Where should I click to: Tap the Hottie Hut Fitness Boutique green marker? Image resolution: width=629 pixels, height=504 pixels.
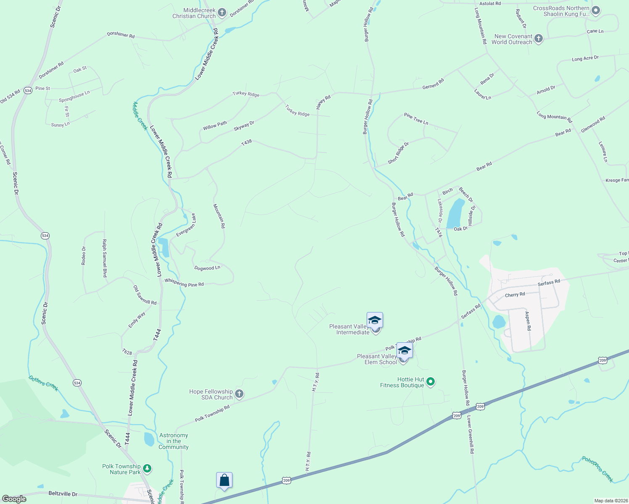tap(430, 382)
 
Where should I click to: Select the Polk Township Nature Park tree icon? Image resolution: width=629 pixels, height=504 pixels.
tap(147, 468)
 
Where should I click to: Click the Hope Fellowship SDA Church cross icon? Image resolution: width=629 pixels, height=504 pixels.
tap(239, 394)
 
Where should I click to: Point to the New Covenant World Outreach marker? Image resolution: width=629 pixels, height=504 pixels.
tap(538, 39)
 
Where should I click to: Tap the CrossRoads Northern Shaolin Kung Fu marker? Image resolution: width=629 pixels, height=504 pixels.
tap(595, 10)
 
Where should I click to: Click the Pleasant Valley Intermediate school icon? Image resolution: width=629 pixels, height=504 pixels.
tap(375, 321)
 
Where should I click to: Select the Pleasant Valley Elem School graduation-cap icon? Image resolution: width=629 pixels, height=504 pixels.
tap(404, 350)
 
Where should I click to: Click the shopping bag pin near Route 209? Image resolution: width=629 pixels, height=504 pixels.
tap(224, 480)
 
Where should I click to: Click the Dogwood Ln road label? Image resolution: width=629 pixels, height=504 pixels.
tap(207, 268)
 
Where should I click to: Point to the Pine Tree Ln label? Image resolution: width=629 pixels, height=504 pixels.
tap(416, 119)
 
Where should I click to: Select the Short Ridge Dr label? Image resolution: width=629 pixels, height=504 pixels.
tap(398, 153)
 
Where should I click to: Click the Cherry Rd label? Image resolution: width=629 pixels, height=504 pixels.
tap(515, 295)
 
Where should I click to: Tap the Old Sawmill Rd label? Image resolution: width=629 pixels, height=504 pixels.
tap(145, 295)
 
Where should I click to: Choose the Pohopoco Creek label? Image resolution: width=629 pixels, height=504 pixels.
tap(597, 469)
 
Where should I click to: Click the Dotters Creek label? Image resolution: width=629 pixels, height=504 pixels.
tap(43, 383)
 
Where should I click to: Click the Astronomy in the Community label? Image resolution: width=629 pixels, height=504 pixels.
tap(173, 441)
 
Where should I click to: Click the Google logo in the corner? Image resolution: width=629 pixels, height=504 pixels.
tap(14, 499)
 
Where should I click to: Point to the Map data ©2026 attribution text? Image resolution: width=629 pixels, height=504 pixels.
tap(610, 501)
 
